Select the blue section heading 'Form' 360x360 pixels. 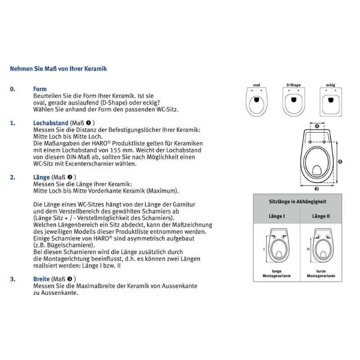(40, 89)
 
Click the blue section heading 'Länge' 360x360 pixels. (41, 177)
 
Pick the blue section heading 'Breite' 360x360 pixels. (42, 279)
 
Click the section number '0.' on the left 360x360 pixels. (13, 89)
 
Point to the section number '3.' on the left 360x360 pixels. (13, 279)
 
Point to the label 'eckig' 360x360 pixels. (331, 85)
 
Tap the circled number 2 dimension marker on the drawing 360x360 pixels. (340, 161)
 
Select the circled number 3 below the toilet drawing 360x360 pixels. (316, 189)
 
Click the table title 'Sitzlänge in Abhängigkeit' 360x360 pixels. (297, 202)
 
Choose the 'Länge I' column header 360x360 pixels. (276, 216)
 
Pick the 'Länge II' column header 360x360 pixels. (321, 216)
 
